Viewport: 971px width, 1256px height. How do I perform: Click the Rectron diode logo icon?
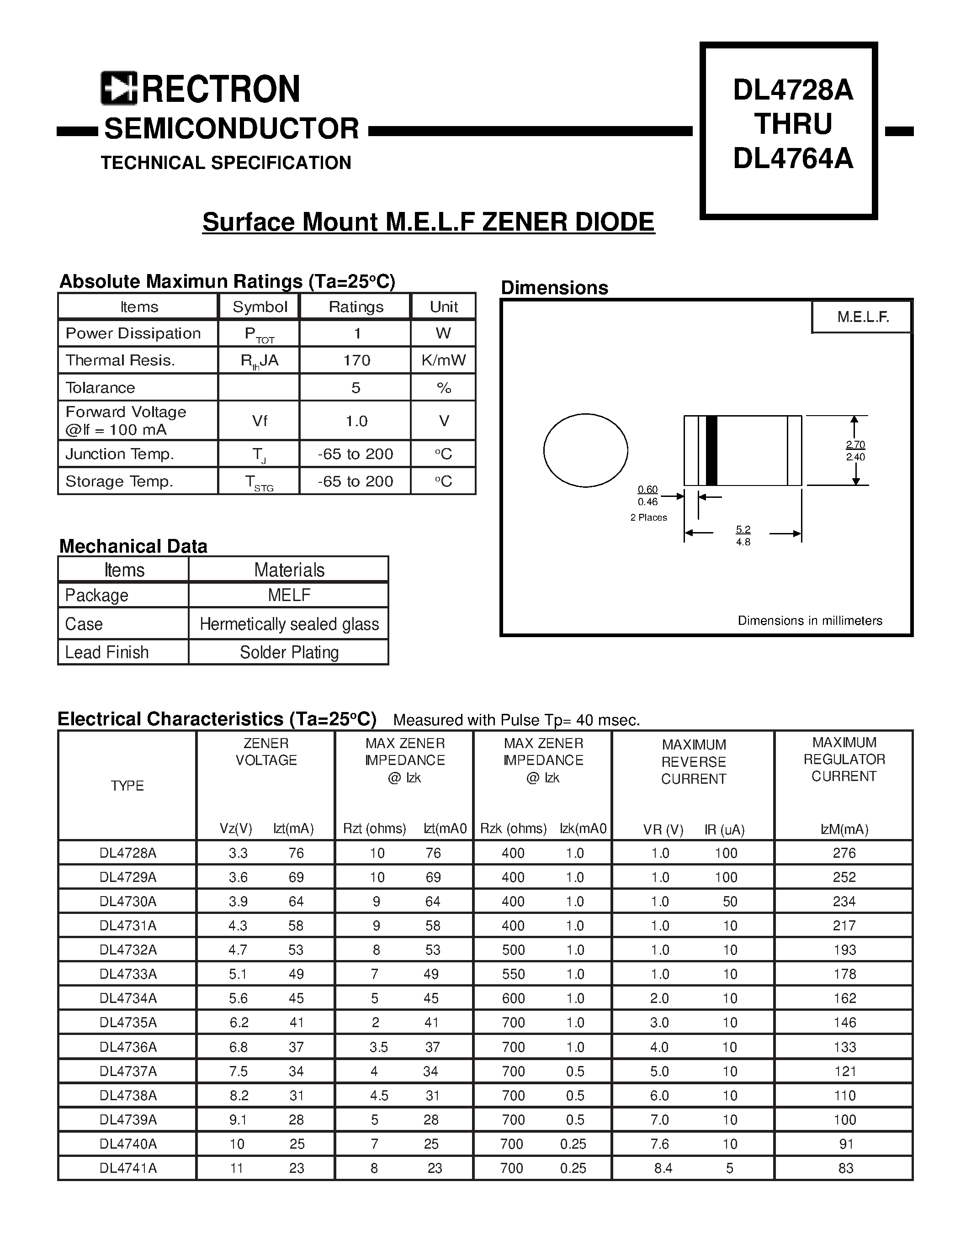118,88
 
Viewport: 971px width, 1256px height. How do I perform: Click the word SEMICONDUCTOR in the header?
231,128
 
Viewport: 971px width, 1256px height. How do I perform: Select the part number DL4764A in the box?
793,158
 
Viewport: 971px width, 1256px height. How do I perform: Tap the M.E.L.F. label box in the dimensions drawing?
862,317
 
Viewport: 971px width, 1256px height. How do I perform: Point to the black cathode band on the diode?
711,450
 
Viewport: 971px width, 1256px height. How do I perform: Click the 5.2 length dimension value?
743,529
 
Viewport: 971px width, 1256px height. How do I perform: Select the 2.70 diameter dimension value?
855,444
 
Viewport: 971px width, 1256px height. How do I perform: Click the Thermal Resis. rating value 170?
356,360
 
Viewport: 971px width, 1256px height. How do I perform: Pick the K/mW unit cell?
444,360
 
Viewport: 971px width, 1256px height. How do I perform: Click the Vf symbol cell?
260,421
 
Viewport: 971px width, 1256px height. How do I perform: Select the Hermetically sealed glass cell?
289,624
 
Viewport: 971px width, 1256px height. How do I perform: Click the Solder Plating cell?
289,652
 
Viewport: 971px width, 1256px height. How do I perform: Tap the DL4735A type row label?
127,1023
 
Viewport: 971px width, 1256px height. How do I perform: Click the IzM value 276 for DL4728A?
844,853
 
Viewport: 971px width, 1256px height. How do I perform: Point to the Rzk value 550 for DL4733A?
513,974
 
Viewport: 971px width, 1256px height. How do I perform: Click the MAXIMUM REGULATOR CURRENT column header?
844,759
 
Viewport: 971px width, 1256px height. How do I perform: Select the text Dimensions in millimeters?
809,621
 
